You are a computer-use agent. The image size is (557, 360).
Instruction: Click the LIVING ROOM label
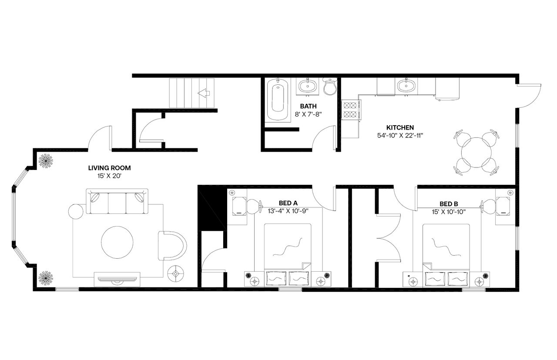(109, 167)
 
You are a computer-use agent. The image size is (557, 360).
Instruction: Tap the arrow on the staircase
(203, 93)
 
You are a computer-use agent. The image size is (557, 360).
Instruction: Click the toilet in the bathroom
(330, 87)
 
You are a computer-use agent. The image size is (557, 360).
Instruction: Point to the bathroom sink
(309, 86)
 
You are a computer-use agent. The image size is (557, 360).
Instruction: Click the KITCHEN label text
(400, 127)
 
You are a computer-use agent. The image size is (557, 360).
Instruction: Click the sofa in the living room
(117, 201)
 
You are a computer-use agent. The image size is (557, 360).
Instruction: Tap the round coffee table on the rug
(117, 242)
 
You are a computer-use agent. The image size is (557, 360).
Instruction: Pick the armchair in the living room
(172, 246)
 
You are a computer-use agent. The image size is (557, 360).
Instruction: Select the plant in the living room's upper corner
(46, 161)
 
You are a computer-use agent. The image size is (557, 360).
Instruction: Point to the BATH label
(308, 106)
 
